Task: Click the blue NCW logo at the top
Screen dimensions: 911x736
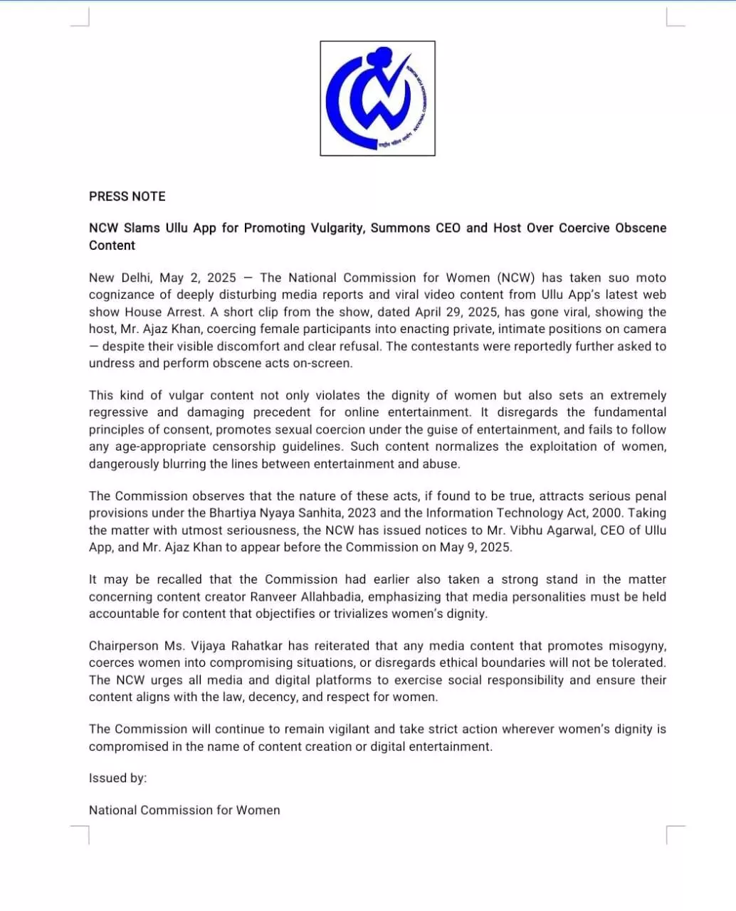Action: pos(377,98)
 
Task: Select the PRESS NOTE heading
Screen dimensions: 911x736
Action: pos(127,196)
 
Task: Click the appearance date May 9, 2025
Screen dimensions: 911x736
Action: pos(479,547)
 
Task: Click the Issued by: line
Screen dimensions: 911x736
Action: pos(117,779)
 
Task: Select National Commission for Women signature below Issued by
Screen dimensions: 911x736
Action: pos(184,811)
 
